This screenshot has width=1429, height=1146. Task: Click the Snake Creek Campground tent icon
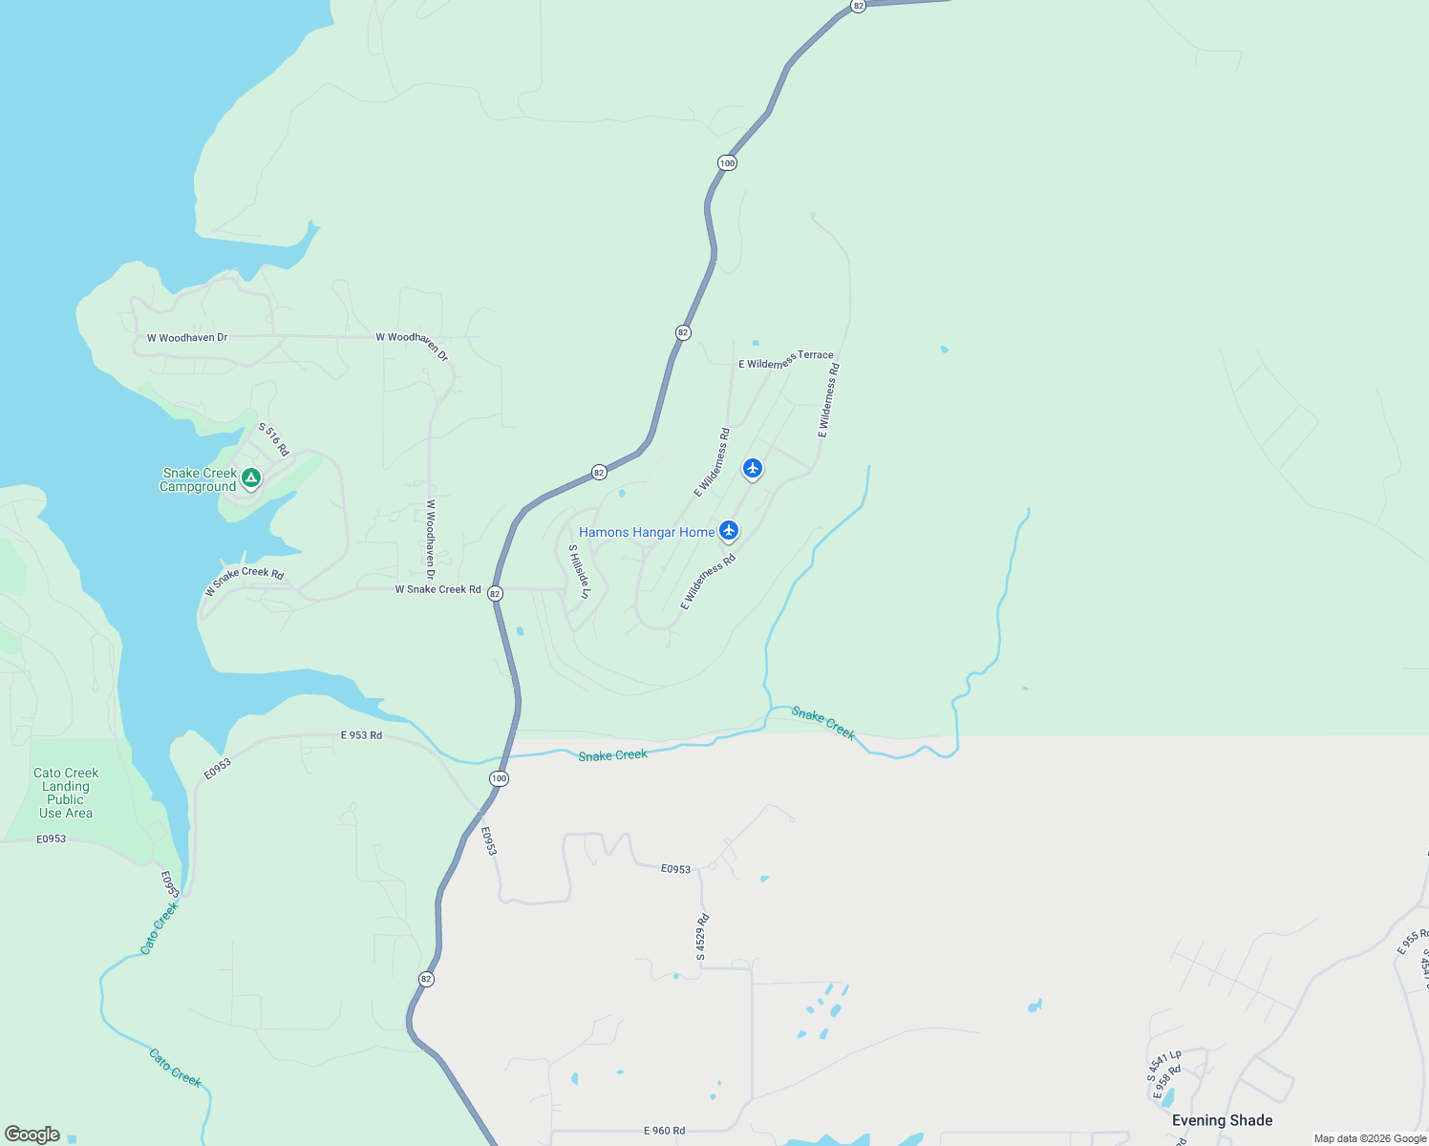(250, 477)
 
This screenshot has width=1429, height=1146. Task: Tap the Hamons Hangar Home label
(647, 532)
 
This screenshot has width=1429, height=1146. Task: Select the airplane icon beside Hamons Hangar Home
(729, 530)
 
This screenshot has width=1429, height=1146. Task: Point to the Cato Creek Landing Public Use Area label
(66, 793)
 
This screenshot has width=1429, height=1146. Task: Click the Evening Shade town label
(1222, 1120)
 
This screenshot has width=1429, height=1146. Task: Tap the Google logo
(32, 1135)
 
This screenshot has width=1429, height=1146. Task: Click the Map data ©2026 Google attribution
(1370, 1138)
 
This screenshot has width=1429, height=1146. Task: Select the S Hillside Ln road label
(580, 572)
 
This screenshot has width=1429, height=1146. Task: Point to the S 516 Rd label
(273, 439)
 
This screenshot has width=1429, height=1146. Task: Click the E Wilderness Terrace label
(785, 360)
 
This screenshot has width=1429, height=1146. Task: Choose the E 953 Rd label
(361, 735)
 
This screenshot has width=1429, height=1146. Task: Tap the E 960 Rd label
(664, 1131)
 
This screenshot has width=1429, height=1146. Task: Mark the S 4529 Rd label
(702, 937)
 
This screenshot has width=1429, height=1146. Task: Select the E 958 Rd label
(1168, 1082)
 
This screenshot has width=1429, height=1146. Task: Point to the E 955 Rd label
(1412, 941)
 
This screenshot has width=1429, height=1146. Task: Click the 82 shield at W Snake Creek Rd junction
(495, 593)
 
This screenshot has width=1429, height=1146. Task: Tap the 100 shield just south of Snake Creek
(499, 779)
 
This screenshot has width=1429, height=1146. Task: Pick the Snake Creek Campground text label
(198, 479)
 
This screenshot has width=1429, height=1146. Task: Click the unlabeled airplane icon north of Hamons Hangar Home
(753, 468)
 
